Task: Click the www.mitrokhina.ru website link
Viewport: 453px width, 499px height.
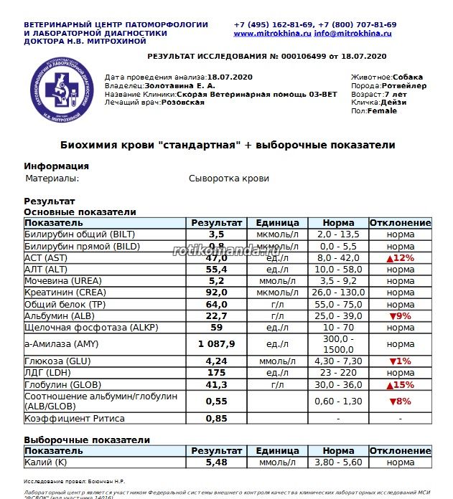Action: click(x=271, y=34)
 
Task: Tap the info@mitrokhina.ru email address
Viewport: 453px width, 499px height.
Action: click(x=352, y=34)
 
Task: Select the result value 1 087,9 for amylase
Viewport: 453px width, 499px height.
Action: click(x=217, y=343)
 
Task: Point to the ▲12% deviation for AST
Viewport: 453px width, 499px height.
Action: click(x=401, y=258)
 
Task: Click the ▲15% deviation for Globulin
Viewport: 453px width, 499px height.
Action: click(x=401, y=385)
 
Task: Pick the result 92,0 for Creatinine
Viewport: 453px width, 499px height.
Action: click(x=217, y=293)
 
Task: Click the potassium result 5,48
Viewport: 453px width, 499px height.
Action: click(x=217, y=463)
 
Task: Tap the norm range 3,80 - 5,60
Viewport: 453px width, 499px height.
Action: click(x=338, y=463)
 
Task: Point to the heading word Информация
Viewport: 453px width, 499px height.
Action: click(x=56, y=166)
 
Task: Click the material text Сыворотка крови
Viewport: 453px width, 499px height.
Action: click(x=228, y=179)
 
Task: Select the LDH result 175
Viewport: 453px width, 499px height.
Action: click(x=217, y=374)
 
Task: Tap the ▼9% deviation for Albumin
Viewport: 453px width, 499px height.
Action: click(x=401, y=316)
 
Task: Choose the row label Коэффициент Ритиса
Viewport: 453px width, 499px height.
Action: click(x=75, y=419)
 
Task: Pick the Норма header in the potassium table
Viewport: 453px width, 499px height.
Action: click(x=338, y=451)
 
